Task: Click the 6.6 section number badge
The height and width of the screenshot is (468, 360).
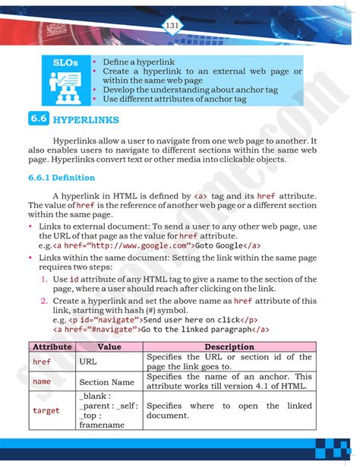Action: coord(39,120)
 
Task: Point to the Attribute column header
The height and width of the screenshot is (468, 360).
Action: coord(51,346)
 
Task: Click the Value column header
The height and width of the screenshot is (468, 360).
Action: coord(109,346)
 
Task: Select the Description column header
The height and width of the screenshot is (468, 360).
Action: coord(228,346)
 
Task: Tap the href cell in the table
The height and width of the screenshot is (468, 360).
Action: coord(42,362)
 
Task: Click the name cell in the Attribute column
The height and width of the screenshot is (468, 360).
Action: coord(42,381)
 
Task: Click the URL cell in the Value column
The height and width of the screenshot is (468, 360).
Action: coord(88,362)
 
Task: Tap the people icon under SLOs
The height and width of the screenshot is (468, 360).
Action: coord(65,86)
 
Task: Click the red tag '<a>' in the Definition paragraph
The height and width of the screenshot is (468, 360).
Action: coord(201,196)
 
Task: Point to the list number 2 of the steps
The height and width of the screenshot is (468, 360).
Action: coord(44,301)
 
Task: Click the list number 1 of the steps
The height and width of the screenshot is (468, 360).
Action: coord(44,280)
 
